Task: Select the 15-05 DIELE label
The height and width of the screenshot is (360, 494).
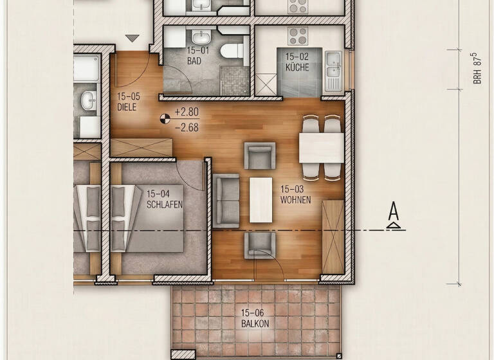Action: [x=127, y=102]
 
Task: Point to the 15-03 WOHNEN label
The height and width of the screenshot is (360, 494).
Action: [x=295, y=195]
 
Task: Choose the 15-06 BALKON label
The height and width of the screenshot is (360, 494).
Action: [x=255, y=319]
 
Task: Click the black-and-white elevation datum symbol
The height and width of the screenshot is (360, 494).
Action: [x=165, y=118]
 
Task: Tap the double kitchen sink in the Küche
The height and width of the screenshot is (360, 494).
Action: [x=333, y=63]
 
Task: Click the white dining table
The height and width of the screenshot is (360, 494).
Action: [x=321, y=148]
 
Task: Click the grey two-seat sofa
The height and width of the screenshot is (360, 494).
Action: [x=226, y=201]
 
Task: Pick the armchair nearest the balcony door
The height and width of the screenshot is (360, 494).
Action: [x=260, y=245]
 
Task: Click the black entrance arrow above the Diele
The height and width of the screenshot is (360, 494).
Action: [x=133, y=39]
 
